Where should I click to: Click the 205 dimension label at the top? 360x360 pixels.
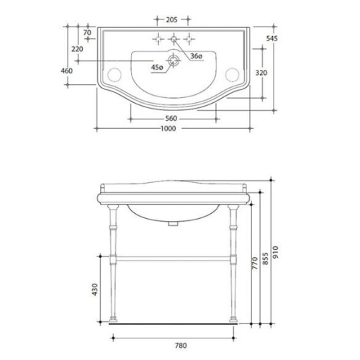pos(171,19)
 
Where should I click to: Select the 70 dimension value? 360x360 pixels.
pos(87,32)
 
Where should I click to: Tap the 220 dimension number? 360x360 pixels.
pos(78,49)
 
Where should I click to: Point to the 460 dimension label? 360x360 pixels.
pos(67,71)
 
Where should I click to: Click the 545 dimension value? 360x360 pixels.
pos(272,38)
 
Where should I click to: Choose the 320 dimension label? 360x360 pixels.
pos(261,73)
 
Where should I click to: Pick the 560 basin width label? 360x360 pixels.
pos(171,118)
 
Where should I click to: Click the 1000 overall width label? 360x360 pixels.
pos(168,129)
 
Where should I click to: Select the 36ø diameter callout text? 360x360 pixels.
pos(197,56)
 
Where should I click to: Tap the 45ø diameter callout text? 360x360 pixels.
pos(157,68)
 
